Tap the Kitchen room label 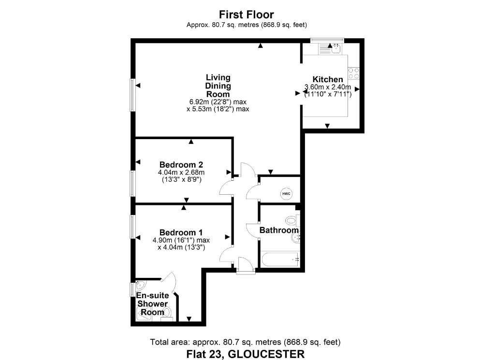click(328, 79)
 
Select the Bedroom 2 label click(177, 164)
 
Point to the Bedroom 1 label click(177, 231)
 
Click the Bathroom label click(279, 230)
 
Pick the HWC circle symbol click(287, 194)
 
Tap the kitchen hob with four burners click(353, 73)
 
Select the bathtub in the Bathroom click(280, 259)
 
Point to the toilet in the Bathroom click(291, 220)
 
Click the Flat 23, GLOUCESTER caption click(246, 354)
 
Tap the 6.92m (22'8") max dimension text click(218, 102)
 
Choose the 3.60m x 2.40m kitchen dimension click(327, 87)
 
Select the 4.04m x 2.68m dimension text click(181, 172)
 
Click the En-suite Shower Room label click(152, 303)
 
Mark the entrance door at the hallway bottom click(245, 266)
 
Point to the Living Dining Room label click(218, 86)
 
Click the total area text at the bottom click(246, 342)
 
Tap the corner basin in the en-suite click(140, 285)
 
